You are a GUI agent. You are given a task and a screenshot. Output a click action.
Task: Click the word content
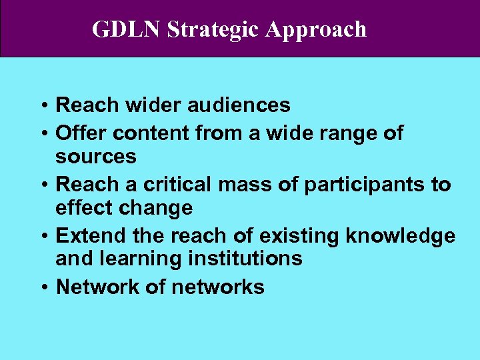pos(151,133)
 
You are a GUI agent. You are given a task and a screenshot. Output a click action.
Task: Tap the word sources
pos(96,157)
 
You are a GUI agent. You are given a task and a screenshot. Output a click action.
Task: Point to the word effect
pos(87,208)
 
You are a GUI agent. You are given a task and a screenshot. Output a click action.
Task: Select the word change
pos(159,208)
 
